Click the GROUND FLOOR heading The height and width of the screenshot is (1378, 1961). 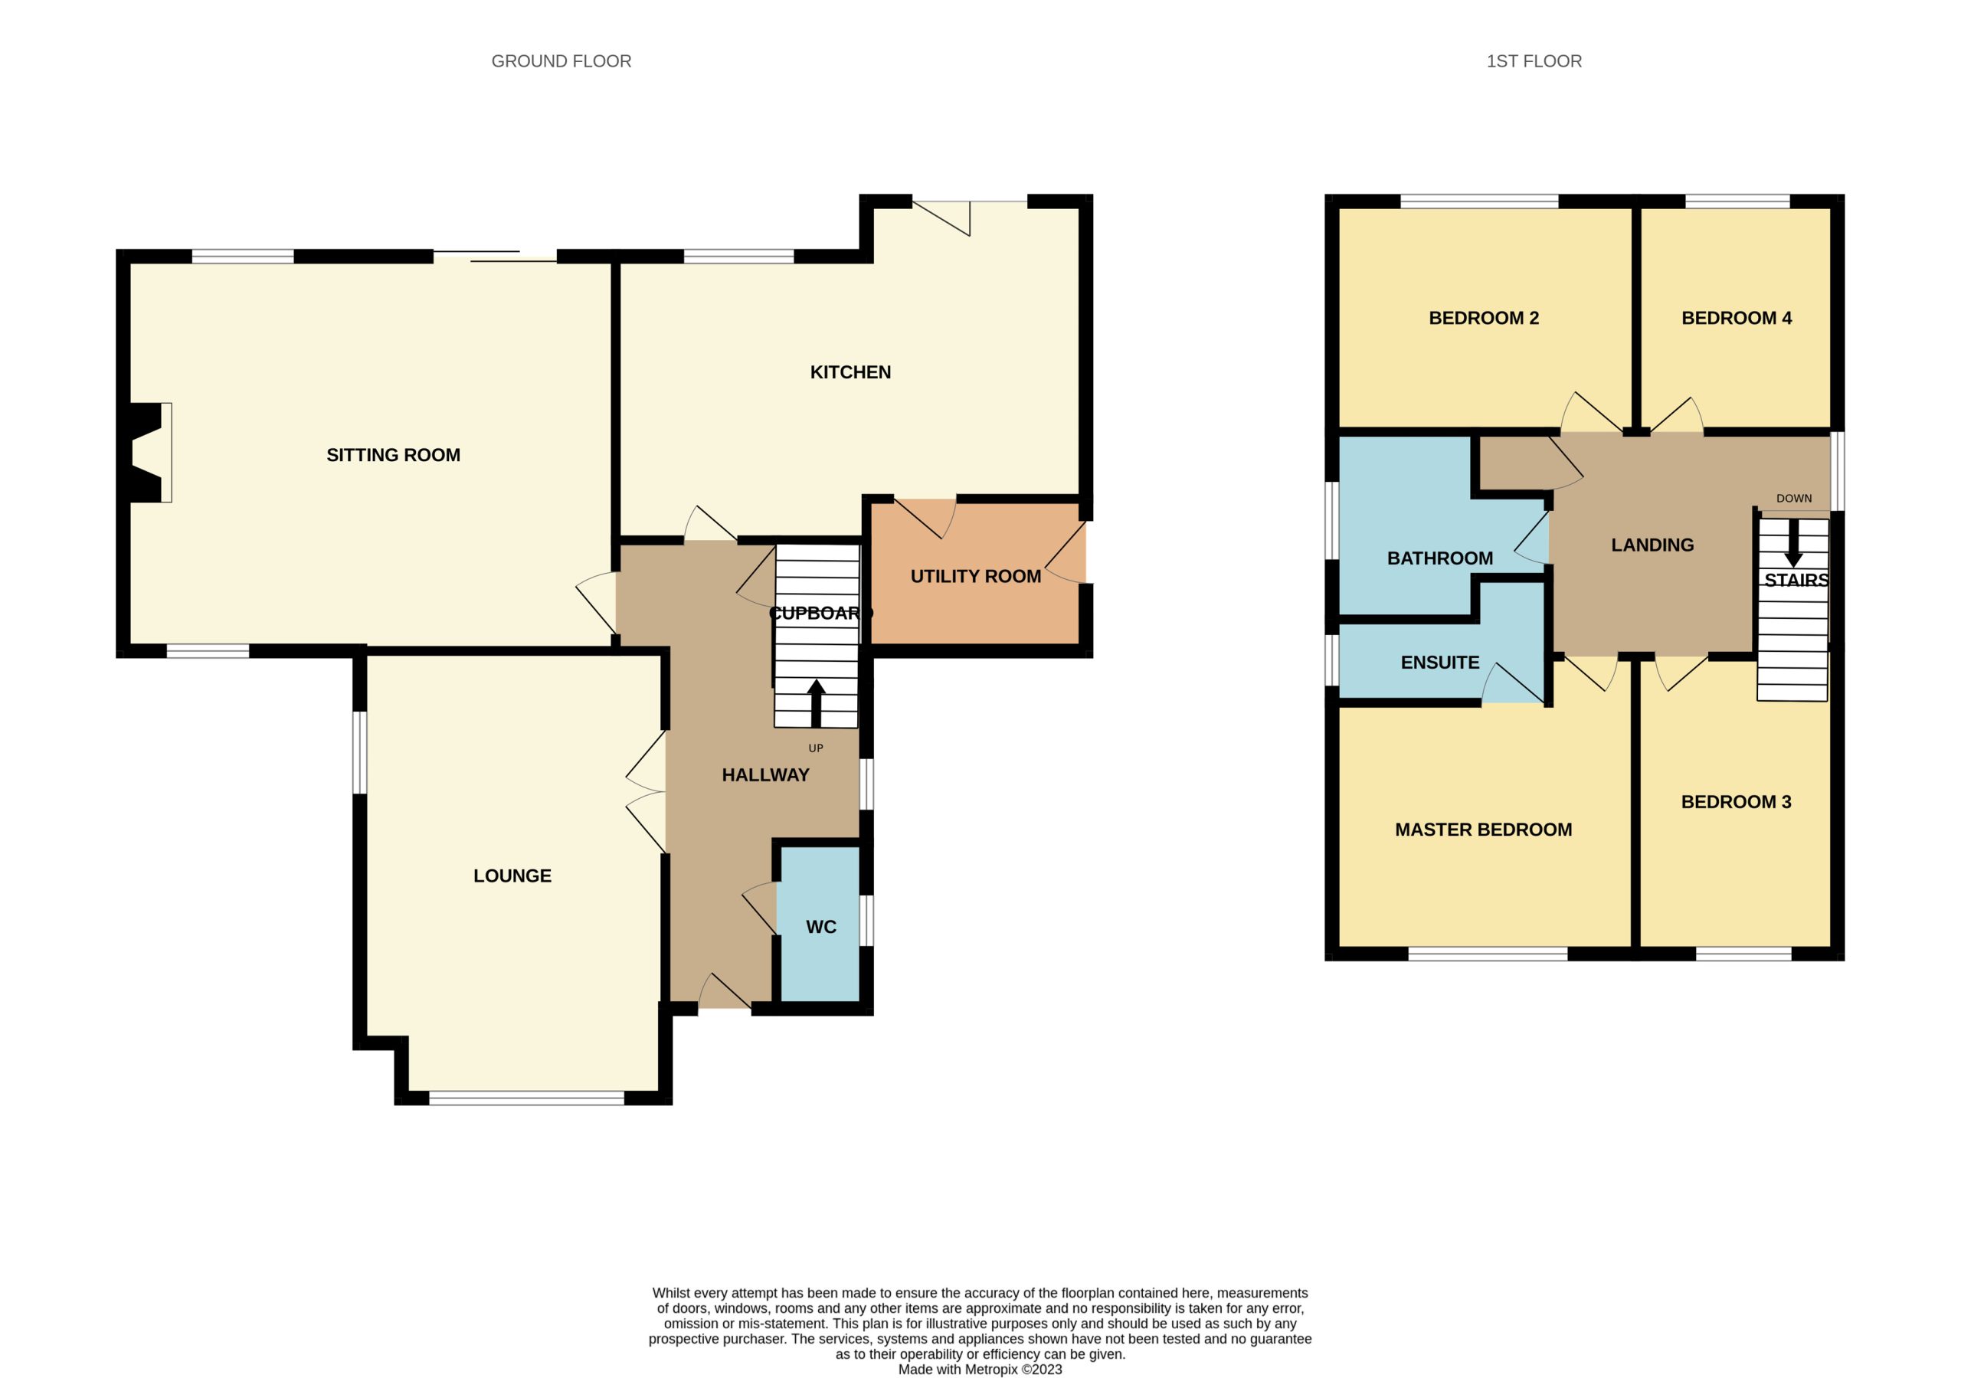coord(561,61)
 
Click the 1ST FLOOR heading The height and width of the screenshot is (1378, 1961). coord(1534,61)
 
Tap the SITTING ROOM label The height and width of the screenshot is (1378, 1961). coord(393,455)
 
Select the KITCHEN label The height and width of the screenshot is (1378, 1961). coord(850,372)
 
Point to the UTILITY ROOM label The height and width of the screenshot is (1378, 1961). coord(975,577)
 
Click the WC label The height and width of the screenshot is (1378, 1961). coord(820,927)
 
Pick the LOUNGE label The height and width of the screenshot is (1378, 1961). coord(512,876)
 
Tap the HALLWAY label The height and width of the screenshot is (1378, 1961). coord(765,775)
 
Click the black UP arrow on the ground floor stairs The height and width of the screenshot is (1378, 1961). coord(816,703)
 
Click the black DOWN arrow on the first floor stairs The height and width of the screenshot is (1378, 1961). coord(1793,542)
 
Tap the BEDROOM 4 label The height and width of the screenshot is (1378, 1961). coord(1737,319)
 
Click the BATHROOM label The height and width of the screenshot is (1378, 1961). coord(1440,558)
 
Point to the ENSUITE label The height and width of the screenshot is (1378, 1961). coord(1440,663)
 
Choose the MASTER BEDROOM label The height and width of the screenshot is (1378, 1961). coord(1484,830)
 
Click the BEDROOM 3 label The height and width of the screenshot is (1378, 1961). coord(1737,802)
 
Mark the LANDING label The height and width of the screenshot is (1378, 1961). coord(1652,545)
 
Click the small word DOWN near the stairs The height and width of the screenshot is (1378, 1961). coord(1793,498)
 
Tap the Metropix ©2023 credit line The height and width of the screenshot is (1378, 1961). coord(980,1370)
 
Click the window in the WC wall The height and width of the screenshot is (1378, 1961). coord(866,920)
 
